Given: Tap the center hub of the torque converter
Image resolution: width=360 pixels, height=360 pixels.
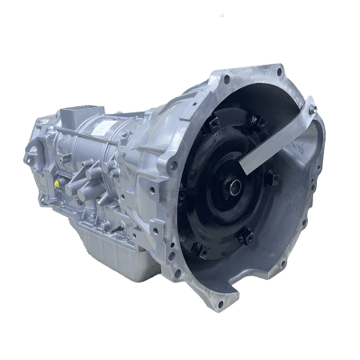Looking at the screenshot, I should [236, 191].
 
